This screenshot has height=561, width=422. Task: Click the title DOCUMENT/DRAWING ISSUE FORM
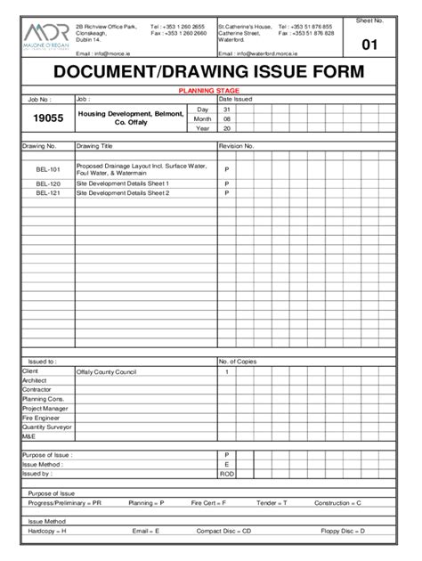[x=209, y=73]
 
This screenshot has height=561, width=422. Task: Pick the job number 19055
[x=47, y=118]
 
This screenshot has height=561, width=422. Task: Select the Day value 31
[x=227, y=109]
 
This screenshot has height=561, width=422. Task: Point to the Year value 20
[x=227, y=127]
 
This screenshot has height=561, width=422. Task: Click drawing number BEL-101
[x=48, y=169]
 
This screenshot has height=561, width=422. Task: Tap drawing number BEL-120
[x=48, y=183]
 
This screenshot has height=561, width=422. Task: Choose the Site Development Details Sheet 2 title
[x=122, y=192]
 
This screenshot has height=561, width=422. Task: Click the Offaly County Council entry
[x=106, y=371]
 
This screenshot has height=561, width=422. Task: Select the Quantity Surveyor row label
[x=45, y=426]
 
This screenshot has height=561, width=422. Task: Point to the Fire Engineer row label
[x=41, y=417]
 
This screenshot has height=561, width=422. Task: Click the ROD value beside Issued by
[x=227, y=474]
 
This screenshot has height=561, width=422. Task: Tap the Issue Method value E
[x=227, y=464]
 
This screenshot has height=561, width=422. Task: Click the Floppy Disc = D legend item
[x=342, y=531]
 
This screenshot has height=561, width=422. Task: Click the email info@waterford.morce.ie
[x=255, y=53]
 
